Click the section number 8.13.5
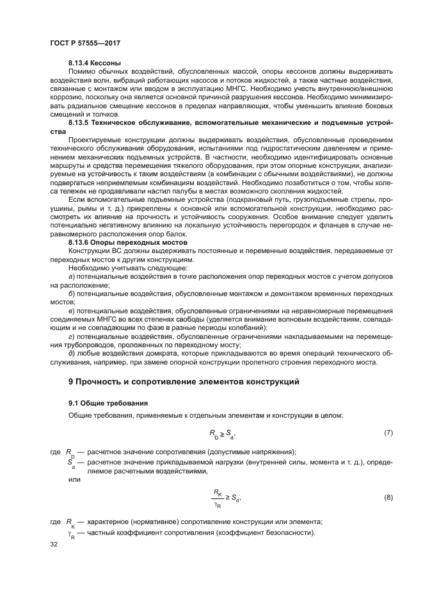click(x=80, y=121)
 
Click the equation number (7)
click(x=388, y=434)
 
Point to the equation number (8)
click(x=388, y=497)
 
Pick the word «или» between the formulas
click(x=74, y=480)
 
